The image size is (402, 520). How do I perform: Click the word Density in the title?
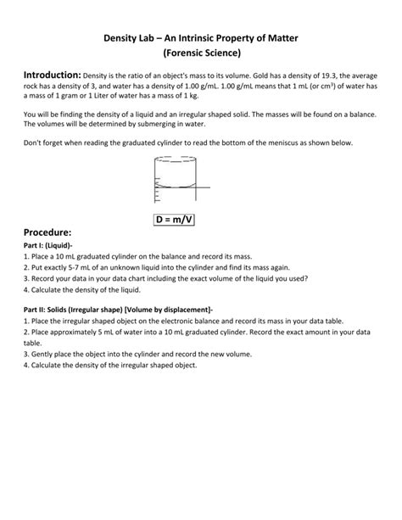[123, 39]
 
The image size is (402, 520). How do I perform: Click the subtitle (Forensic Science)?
[200, 55]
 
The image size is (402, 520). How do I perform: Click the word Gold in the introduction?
[259, 77]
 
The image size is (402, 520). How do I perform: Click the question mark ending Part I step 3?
[307, 277]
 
